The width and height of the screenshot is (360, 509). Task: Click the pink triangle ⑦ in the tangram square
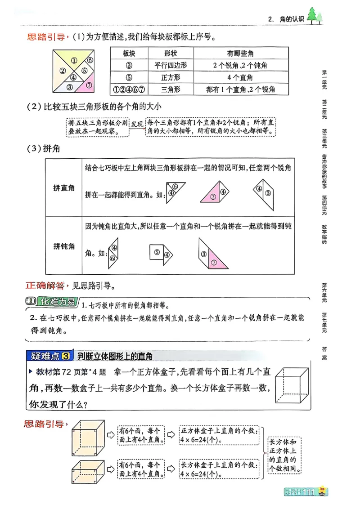click(x=88, y=85)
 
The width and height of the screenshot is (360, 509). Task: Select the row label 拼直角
click(x=64, y=188)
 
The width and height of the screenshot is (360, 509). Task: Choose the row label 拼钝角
click(x=64, y=246)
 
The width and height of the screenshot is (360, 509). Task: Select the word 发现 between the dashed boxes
click(x=137, y=123)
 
